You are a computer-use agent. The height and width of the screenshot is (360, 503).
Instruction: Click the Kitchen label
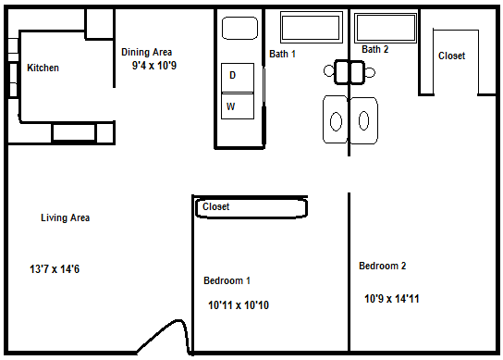(43, 68)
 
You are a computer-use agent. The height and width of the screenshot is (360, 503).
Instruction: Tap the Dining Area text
(147, 52)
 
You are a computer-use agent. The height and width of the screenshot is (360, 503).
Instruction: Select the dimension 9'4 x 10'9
(154, 66)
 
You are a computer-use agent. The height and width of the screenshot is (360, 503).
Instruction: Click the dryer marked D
(238, 78)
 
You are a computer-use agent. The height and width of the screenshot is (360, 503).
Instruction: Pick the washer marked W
(238, 106)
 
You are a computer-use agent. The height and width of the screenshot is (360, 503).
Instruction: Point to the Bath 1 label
(282, 54)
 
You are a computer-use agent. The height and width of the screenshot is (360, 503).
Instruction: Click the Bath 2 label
(375, 49)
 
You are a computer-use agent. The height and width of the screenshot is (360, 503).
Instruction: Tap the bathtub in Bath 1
(312, 27)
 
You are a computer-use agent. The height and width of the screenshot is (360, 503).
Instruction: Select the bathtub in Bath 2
(386, 28)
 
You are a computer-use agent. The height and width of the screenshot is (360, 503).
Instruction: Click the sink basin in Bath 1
(336, 121)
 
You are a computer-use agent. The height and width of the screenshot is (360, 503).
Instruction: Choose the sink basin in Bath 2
(363, 120)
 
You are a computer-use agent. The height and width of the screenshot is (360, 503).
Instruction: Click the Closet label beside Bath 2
(451, 56)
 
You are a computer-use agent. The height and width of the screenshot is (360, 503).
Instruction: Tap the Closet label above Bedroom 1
(215, 206)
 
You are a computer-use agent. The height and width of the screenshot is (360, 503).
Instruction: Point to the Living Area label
(65, 217)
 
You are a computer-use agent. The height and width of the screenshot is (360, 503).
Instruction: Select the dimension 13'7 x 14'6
(55, 268)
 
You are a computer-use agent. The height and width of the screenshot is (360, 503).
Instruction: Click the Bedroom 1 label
(227, 280)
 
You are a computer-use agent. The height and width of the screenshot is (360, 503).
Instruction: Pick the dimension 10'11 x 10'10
(239, 305)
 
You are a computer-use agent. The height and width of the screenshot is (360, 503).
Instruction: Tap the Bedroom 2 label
(383, 266)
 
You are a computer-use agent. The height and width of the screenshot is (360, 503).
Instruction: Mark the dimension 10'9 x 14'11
(392, 299)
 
